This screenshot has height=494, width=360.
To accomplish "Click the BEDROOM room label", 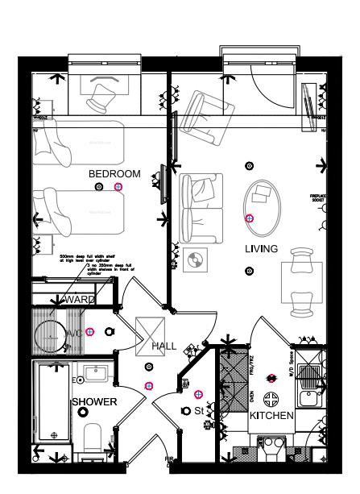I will point(114,174).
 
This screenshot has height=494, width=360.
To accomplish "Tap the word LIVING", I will point(262,249).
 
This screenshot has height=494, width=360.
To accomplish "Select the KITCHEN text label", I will point(270,416).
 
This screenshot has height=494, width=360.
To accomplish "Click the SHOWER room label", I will point(95,401).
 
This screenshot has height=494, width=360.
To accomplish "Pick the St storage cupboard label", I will point(199,411).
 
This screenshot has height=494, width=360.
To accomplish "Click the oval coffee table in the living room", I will point(262,203).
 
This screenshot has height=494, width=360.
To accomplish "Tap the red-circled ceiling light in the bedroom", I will point(118,187).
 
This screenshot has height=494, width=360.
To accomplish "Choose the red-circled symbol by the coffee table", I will point(249,218).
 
